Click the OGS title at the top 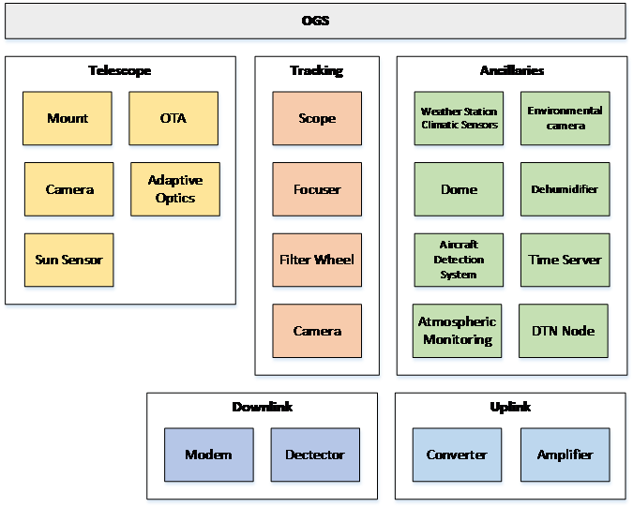click(x=316, y=21)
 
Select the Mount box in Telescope click(x=68, y=118)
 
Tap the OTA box click(x=173, y=118)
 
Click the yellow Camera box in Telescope click(x=69, y=189)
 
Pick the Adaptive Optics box click(x=175, y=189)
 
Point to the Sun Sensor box click(x=68, y=260)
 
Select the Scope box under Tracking click(x=317, y=118)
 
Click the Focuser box click(x=317, y=189)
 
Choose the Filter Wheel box click(x=317, y=260)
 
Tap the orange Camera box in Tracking click(x=317, y=331)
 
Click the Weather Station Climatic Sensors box click(x=460, y=118)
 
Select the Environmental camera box click(x=565, y=118)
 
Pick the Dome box click(x=460, y=189)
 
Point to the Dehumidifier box click(x=565, y=189)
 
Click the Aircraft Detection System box click(x=459, y=260)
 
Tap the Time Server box click(x=565, y=260)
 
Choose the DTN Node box click(x=564, y=331)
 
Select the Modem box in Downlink click(x=208, y=455)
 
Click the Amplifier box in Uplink click(x=565, y=455)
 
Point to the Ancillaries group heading click(x=512, y=70)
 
